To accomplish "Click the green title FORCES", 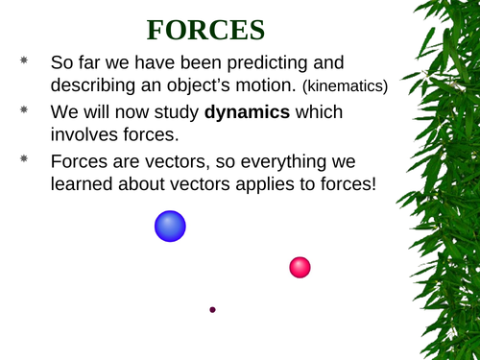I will tap(205, 30).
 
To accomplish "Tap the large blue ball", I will tap(170, 227).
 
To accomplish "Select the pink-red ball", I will tap(300, 267).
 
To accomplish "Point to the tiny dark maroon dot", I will tap(212, 309).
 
